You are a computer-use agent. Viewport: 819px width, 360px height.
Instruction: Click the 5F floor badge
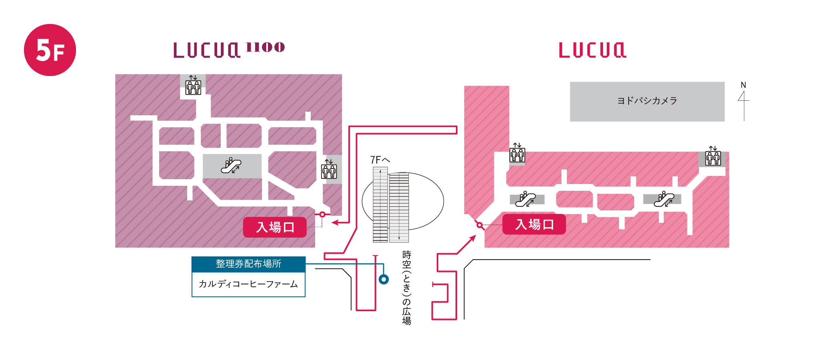[50, 50]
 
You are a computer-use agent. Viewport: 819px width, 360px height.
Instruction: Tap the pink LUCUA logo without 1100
[592, 50]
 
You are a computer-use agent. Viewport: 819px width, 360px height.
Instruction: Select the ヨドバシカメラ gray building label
[647, 101]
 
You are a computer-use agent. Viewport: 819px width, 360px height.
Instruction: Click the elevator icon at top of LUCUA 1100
[193, 85]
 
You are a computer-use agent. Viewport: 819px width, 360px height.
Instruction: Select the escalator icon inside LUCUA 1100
[231, 166]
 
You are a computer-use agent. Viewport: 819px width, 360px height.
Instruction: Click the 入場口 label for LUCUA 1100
[275, 227]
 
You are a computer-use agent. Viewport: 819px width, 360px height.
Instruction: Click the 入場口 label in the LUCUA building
[534, 224]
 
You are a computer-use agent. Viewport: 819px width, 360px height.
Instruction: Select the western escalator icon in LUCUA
[525, 199]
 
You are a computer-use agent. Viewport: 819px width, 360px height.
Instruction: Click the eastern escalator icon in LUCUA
[664, 199]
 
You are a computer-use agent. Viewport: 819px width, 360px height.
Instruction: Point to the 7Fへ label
[380, 160]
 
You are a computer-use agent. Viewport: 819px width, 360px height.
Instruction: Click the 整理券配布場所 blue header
[248, 264]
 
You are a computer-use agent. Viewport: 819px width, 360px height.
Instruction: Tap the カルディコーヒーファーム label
[248, 284]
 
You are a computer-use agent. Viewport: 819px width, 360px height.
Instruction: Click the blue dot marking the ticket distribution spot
[384, 279]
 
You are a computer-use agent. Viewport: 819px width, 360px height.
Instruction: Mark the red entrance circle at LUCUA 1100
[322, 214]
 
